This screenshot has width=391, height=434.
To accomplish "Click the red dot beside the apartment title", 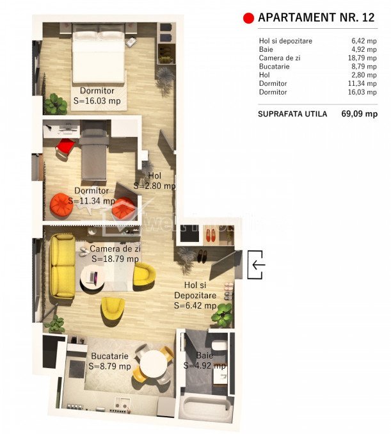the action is click(x=248, y=18).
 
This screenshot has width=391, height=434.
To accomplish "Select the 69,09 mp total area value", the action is click(x=359, y=114).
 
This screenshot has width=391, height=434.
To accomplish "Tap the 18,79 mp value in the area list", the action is click(x=362, y=58).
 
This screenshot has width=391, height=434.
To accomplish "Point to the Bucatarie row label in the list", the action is click(x=275, y=67).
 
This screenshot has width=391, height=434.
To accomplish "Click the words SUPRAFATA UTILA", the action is click(x=292, y=114).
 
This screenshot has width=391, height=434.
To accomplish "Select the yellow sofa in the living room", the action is click(x=62, y=266).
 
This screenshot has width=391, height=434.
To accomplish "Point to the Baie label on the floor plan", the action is click(x=205, y=355).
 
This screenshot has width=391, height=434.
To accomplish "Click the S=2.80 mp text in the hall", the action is click(x=154, y=186).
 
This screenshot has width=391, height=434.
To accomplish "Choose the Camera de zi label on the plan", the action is click(x=115, y=248).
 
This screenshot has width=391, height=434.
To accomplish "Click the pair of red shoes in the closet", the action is click(x=212, y=235).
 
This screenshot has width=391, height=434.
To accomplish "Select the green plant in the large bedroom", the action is click(x=56, y=104).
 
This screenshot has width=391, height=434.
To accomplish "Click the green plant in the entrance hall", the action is click(x=223, y=315).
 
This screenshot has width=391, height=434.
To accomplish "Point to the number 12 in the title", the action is click(x=368, y=17).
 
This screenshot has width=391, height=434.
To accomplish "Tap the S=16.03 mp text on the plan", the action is click(x=97, y=100).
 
